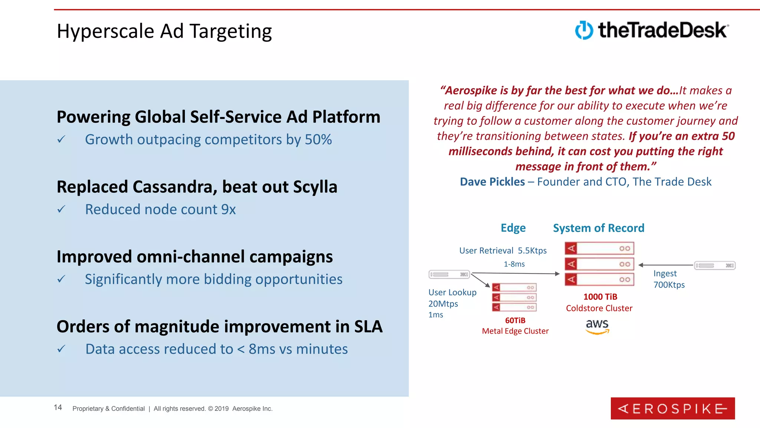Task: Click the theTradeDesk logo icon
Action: click(584, 30)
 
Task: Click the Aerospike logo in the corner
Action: click(672, 408)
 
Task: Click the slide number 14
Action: click(58, 408)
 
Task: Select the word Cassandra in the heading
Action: click(173, 187)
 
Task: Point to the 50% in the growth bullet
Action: click(318, 140)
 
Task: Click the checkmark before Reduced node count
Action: click(61, 210)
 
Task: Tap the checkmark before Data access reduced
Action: click(61, 349)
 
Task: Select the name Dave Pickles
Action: click(492, 182)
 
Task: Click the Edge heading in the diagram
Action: click(513, 228)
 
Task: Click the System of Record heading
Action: click(598, 228)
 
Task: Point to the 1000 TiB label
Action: click(600, 296)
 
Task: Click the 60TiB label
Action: click(515, 320)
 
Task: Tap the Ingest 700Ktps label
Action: click(669, 279)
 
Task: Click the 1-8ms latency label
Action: click(514, 264)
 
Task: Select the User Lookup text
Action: click(452, 292)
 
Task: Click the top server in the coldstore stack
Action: click(599, 249)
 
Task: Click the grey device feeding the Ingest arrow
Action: click(714, 265)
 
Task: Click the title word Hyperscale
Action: click(105, 31)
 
